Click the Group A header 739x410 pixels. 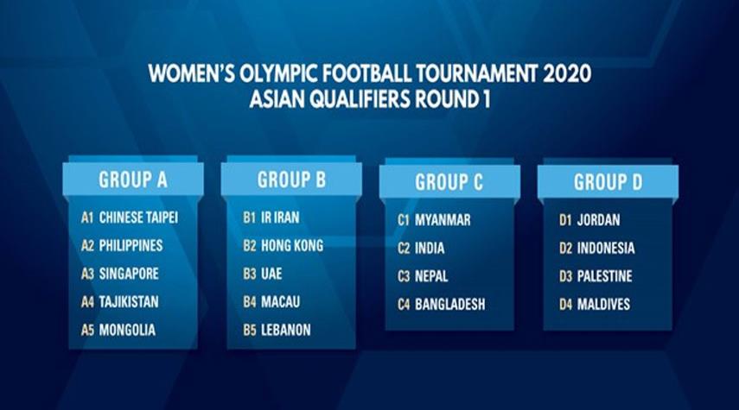[133, 180]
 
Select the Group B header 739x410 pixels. [291, 180]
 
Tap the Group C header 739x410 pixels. [449, 182]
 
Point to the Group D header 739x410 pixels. [608, 182]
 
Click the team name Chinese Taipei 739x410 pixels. [138, 218]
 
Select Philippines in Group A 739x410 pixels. [131, 245]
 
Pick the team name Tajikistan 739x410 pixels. [129, 302]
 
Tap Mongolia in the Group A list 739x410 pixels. [127, 330]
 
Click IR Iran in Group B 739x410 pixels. [280, 218]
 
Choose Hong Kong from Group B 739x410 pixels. [292, 245]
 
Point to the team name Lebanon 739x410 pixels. [286, 330]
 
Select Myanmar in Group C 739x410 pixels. [443, 220]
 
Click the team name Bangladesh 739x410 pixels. [449, 304]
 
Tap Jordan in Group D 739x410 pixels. [599, 220]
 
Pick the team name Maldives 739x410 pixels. [604, 304]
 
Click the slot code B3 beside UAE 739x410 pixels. [249, 274]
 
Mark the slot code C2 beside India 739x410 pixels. [404, 248]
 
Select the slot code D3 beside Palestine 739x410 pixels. [565, 276]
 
